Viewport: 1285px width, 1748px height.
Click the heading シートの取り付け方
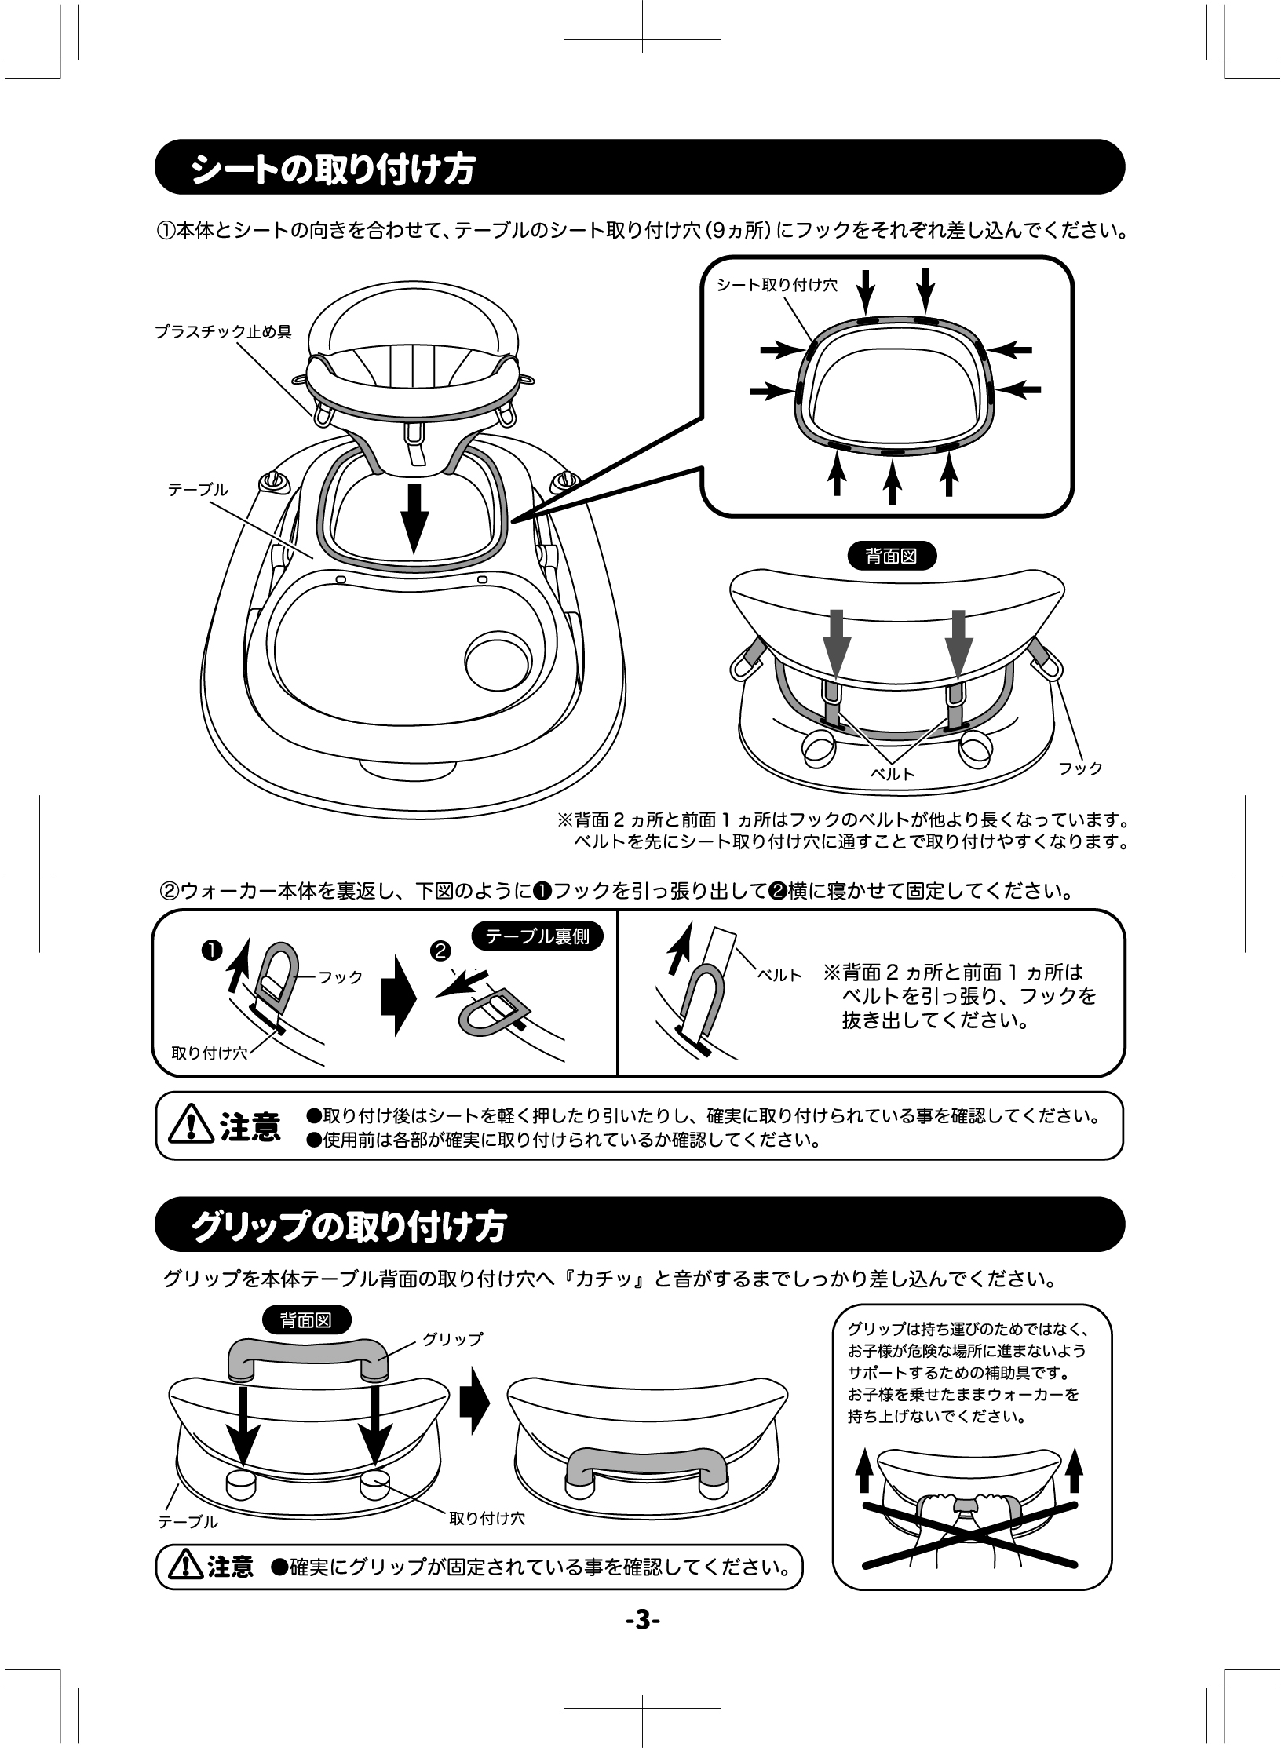click(333, 169)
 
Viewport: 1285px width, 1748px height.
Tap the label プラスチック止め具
click(223, 332)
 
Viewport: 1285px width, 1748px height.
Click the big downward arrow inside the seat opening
click(414, 519)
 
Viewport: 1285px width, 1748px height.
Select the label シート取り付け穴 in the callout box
click(776, 285)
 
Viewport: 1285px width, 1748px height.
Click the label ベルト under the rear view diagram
click(893, 773)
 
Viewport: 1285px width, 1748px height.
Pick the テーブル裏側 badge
click(538, 936)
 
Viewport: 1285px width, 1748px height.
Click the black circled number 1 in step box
click(210, 950)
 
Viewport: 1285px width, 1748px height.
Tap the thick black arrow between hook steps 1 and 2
click(396, 1006)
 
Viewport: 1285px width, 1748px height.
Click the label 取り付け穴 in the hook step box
click(209, 1053)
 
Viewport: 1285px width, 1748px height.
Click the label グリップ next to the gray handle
click(453, 1339)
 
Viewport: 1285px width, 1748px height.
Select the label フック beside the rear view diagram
click(1080, 768)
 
